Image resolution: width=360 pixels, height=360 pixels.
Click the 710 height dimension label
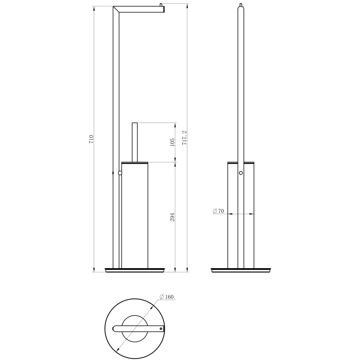click(x=91, y=139)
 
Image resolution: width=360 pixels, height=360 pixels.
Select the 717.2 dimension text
click(x=184, y=138)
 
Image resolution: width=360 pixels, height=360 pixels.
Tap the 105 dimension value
click(x=172, y=142)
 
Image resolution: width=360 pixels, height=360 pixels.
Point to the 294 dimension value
click(x=172, y=217)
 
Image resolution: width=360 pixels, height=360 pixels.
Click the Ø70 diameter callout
click(x=218, y=211)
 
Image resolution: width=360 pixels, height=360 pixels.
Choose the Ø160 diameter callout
click(x=166, y=297)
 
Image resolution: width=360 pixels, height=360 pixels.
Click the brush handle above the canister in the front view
click(x=135, y=142)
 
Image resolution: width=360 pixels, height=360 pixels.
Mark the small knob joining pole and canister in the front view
click(x=120, y=173)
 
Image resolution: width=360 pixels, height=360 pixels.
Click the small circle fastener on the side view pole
click(x=241, y=173)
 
